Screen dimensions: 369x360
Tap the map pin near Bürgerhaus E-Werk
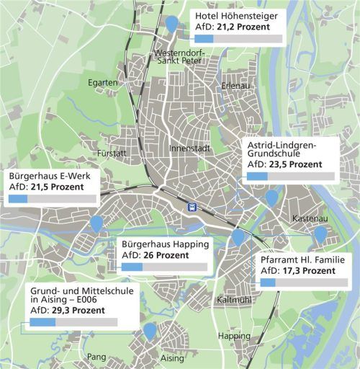coord(96,223)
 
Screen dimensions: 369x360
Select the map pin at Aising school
coord(149,331)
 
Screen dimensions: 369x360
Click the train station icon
coord(192,206)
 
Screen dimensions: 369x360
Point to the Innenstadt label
coord(189,148)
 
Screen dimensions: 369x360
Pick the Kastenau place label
coord(311,218)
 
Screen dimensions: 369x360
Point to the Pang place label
coord(96,357)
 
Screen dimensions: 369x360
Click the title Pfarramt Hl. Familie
coord(302,259)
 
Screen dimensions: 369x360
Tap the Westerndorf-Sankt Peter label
coord(179,58)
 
